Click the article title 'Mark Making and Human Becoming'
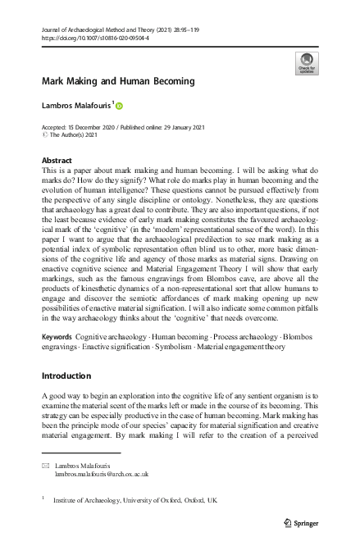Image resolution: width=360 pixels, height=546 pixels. [118, 81]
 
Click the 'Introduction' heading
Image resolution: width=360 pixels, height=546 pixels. [66, 376]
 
